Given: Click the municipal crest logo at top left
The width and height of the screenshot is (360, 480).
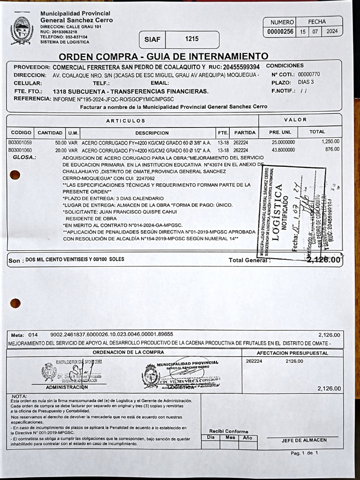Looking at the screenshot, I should click(x=22, y=30).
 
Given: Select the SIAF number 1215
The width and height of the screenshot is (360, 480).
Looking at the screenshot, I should click(x=192, y=39).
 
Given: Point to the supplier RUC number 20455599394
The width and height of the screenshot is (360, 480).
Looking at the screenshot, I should click(x=241, y=67).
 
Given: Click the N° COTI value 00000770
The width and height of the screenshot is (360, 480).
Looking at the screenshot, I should click(x=309, y=74).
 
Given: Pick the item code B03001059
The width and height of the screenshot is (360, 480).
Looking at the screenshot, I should click(x=20, y=142).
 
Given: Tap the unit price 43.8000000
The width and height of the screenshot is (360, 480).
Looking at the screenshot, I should click(x=283, y=150).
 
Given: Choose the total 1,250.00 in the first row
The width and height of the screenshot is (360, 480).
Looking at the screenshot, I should click(x=330, y=142).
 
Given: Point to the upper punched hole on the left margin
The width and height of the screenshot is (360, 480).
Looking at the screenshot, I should click(x=15, y=175).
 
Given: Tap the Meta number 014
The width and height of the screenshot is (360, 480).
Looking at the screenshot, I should click(x=33, y=335).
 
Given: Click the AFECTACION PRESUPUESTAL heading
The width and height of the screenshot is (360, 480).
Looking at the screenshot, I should click(x=292, y=352).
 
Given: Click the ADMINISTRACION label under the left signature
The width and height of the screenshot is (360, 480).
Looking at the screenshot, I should click(x=67, y=387).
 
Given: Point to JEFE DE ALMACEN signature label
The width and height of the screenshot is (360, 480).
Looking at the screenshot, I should click(x=304, y=440).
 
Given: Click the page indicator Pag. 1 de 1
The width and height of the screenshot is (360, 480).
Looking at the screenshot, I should click(x=304, y=453).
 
